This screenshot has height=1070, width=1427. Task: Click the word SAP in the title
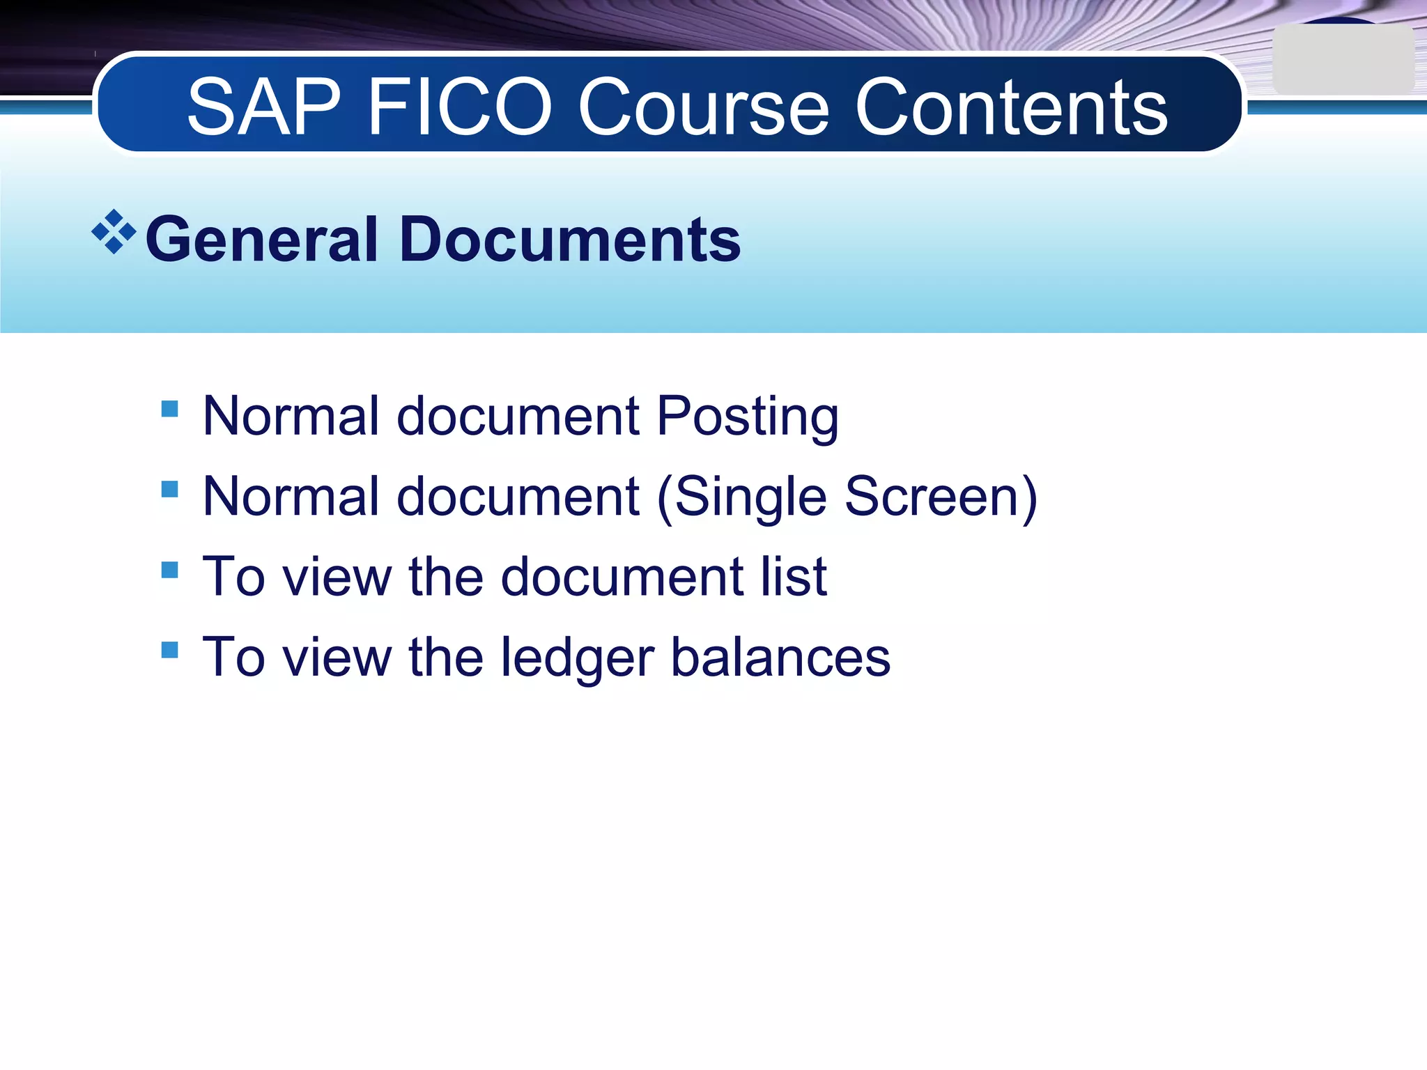(264, 108)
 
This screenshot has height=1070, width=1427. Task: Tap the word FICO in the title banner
(461, 108)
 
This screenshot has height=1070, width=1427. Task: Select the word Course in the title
(704, 108)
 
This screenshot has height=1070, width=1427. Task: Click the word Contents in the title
(1011, 108)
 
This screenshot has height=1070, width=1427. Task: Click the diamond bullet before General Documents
(114, 232)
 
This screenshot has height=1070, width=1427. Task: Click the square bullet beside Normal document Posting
(169, 408)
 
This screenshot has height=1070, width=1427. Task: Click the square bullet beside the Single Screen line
(169, 489)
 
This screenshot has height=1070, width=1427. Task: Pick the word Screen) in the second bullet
(941, 497)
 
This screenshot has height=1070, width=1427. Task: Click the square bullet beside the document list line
(169, 570)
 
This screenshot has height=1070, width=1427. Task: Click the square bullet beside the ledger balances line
(169, 650)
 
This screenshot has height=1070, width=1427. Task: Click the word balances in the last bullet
(780, 658)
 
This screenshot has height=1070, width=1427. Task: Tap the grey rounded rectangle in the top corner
(1343, 61)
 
